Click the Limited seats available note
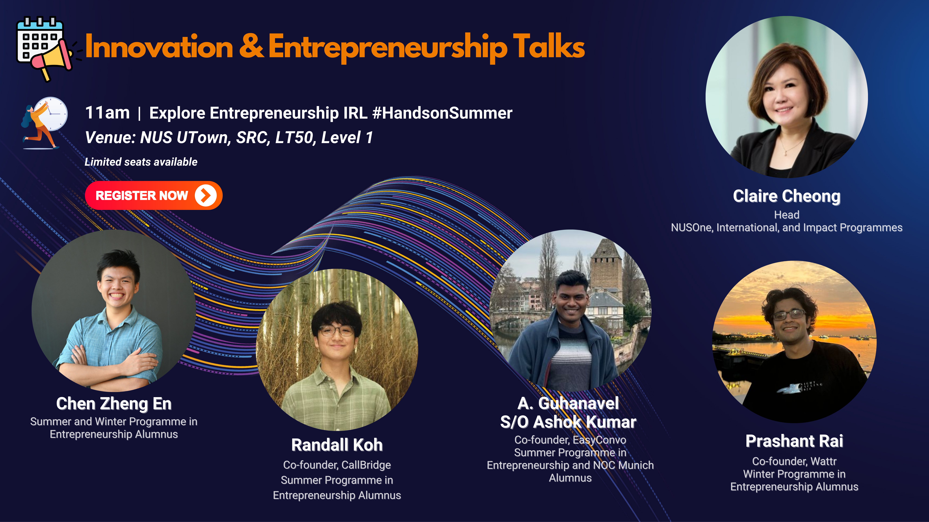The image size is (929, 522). click(x=141, y=162)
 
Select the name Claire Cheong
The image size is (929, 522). click(x=787, y=196)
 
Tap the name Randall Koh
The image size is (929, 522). click(x=337, y=445)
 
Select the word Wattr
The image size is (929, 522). click(x=823, y=461)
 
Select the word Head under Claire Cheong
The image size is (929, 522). click(x=787, y=215)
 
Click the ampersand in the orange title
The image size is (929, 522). click(x=251, y=46)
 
